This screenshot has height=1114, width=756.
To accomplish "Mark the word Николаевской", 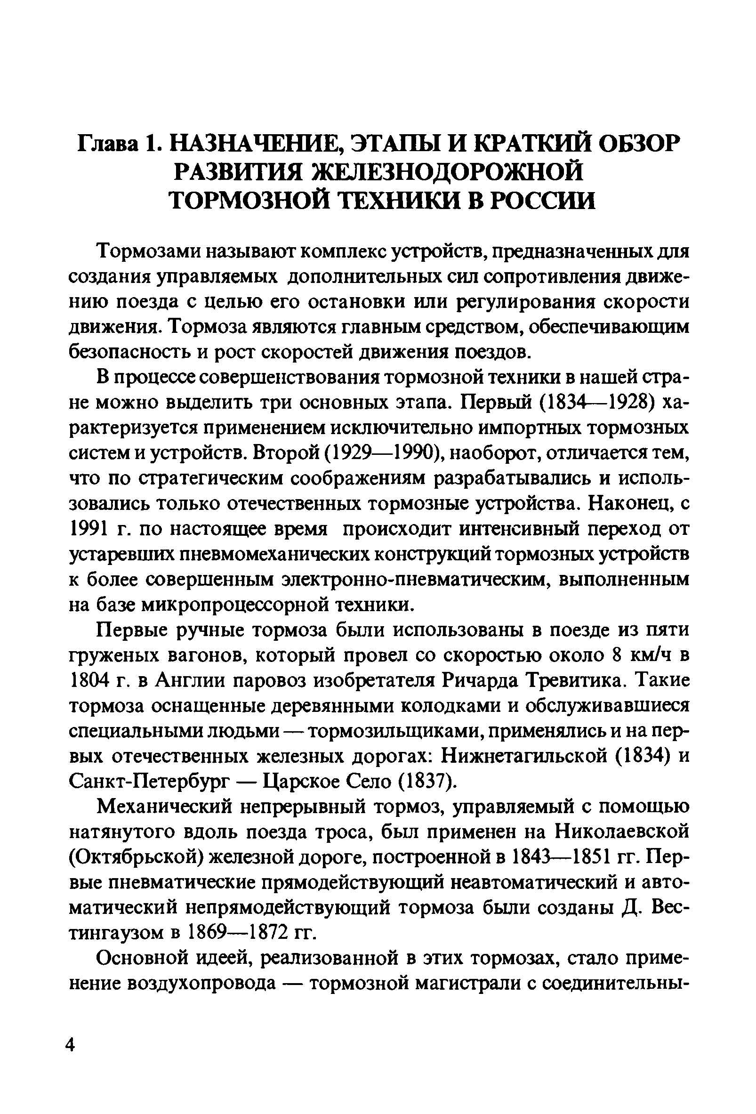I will tap(622, 833).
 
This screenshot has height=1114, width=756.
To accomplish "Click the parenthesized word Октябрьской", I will tap(134, 858).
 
